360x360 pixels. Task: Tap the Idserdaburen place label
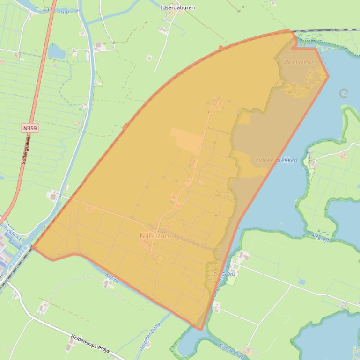coord(177,7)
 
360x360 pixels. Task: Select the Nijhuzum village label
coord(155,236)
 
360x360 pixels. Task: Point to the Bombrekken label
coord(299,61)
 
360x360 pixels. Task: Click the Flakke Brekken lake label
coord(276,160)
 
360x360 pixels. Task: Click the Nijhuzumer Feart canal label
coord(193,243)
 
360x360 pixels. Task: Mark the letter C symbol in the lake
coord(344,94)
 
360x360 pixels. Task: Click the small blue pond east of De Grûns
coord(302,282)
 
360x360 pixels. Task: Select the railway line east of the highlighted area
coord(328,30)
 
